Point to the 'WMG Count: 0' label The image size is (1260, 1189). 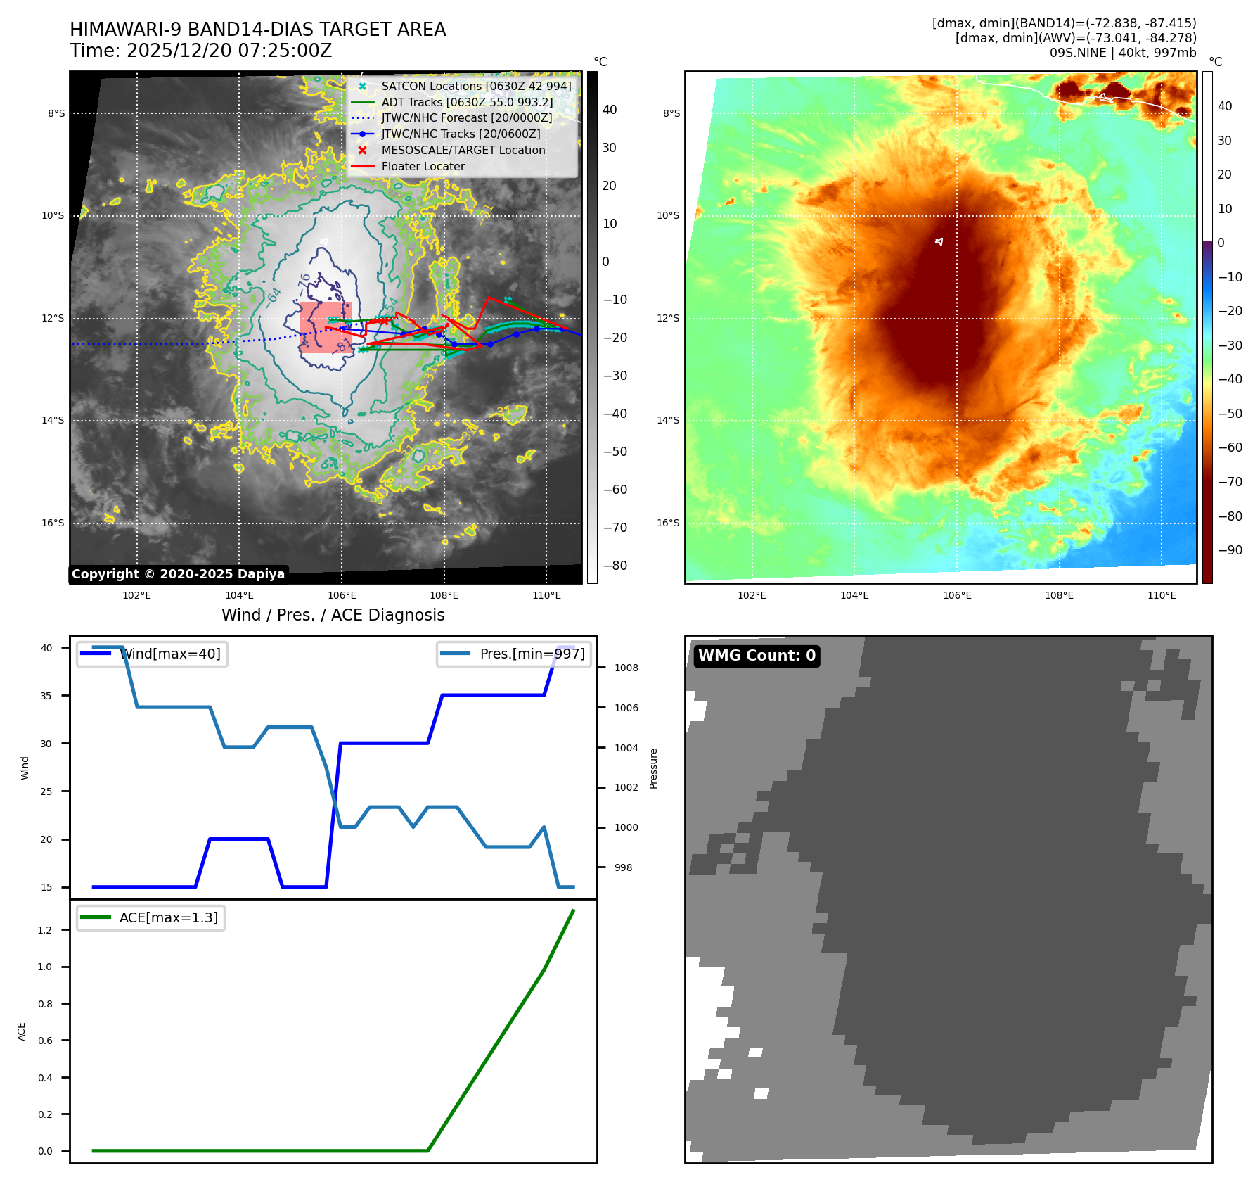tap(757, 656)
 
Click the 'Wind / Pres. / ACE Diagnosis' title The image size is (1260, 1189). tap(333, 616)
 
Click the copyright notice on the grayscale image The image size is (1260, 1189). tap(178, 574)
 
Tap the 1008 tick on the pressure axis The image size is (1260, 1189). tap(626, 668)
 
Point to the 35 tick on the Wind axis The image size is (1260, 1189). tap(46, 696)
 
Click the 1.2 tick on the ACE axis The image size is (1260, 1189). tap(45, 930)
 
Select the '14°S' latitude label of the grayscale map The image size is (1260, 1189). tap(53, 421)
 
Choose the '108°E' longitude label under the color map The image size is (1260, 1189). tap(1059, 596)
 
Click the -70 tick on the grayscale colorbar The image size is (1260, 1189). tap(615, 528)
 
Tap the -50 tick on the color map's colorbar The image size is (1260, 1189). tap(1230, 414)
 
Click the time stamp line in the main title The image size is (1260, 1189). tap(200, 51)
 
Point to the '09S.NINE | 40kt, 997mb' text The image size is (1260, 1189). tap(1122, 53)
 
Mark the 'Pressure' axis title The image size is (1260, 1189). tap(654, 768)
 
